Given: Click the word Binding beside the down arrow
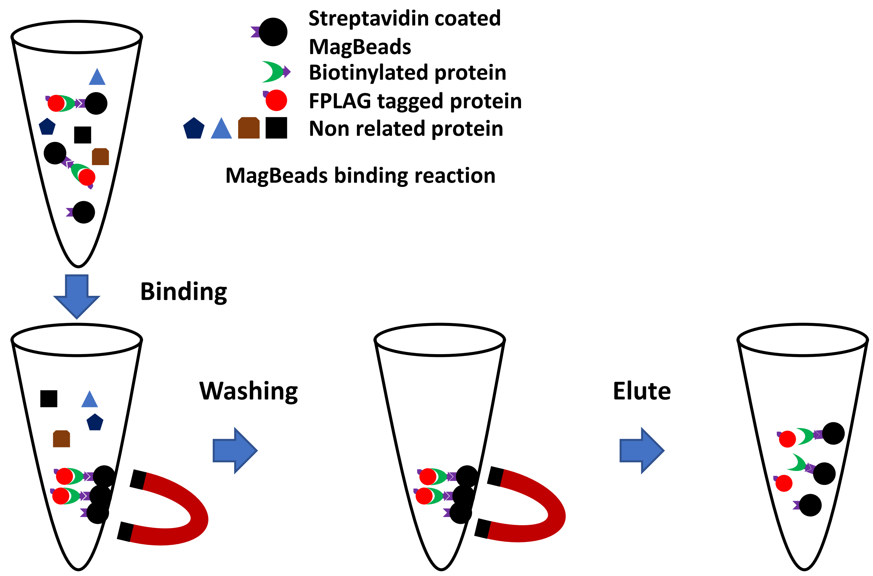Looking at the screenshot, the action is coord(183,292).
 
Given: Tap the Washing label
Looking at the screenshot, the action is coord(249,392).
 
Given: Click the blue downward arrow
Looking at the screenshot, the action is coord(77,297).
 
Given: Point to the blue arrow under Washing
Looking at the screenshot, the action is coord(235,451).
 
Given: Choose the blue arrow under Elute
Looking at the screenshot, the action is coord(642,451).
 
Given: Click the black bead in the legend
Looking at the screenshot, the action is coord(273,32).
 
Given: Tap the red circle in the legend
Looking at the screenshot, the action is coord(276,100).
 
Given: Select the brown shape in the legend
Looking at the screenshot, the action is coord(249,128).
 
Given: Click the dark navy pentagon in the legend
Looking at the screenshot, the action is coord(194,128).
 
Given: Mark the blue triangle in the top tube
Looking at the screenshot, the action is coord(97,78).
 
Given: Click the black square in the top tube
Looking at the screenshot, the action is coord(83,135).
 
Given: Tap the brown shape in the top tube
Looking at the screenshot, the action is coord(100,157).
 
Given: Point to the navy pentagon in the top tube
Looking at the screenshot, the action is coord(47,127).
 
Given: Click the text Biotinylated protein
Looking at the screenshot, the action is coord(407,73).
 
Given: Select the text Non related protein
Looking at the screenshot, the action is coord(406,129).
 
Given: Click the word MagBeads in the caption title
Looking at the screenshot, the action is coord(276,175).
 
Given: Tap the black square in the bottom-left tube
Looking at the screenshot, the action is coord(49,398).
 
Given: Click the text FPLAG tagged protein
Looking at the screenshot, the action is coord(415,101).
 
